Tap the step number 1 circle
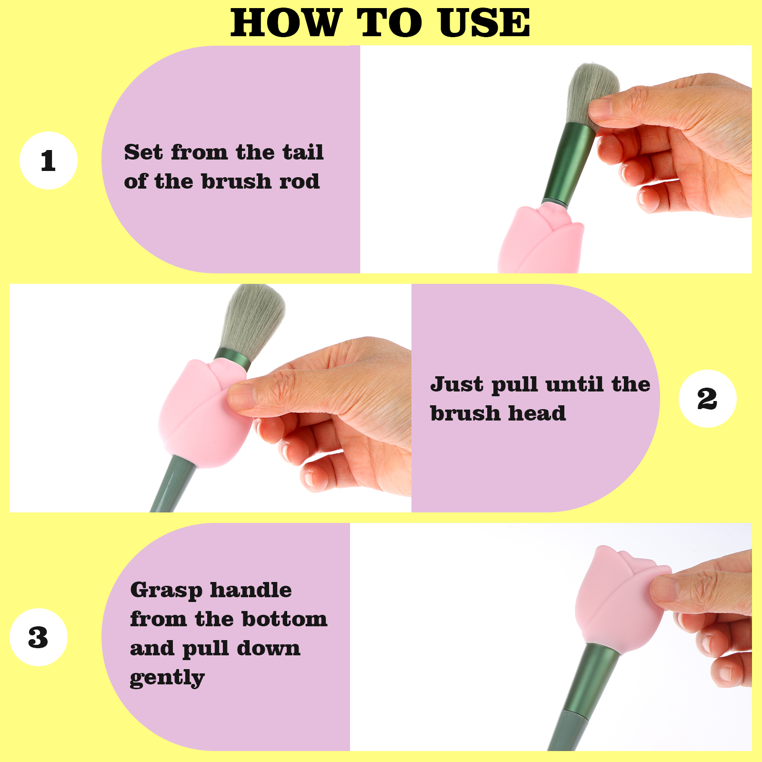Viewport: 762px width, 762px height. coord(48,160)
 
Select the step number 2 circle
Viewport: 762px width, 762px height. coord(707,399)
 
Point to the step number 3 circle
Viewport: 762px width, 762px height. coord(38,637)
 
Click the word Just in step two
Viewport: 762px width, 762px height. coord(457,384)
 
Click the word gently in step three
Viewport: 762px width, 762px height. coord(167,678)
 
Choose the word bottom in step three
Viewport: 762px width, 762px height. coord(284,619)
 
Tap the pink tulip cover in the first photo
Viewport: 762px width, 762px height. coord(540,238)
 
